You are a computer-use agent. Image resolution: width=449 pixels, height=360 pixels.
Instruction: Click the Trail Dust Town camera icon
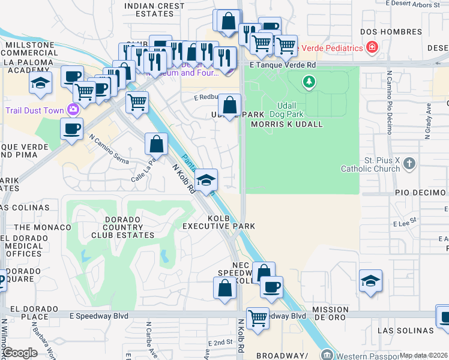tap(73, 109)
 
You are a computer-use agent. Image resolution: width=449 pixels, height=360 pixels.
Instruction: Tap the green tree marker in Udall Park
tap(309, 80)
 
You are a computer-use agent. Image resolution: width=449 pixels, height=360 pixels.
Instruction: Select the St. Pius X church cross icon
tap(409, 163)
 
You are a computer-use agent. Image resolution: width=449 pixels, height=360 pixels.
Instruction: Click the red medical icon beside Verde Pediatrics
tap(373, 47)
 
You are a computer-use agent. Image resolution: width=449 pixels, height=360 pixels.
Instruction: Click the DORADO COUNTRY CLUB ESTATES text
tap(129, 227)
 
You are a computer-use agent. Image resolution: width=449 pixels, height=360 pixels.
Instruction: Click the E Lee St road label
tap(405, 223)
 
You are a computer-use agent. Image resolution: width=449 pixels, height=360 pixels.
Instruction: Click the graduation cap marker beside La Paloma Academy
tap(40, 83)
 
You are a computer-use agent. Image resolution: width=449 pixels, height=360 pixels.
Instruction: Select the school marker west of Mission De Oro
tap(370, 281)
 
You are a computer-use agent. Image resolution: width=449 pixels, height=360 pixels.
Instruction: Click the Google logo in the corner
tap(20, 353)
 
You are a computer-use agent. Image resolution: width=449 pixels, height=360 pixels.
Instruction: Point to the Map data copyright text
tap(423, 355)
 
